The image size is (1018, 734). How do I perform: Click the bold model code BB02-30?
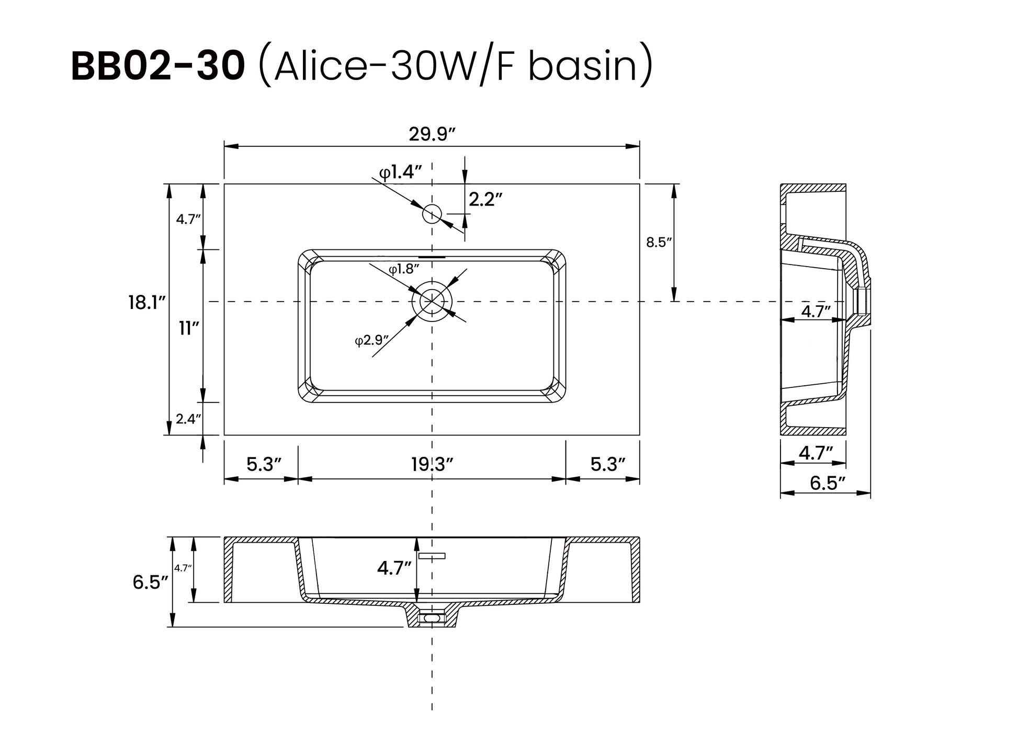click(x=157, y=67)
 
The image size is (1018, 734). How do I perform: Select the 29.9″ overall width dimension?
click(x=432, y=134)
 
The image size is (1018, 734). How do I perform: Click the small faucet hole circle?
click(x=432, y=213)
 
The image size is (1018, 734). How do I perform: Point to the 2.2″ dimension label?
click(x=485, y=199)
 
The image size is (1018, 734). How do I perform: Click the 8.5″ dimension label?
click(x=658, y=242)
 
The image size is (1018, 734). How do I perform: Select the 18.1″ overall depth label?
click(x=147, y=303)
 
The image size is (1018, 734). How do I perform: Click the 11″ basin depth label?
click(x=189, y=329)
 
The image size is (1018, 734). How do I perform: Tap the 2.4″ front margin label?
click(x=188, y=418)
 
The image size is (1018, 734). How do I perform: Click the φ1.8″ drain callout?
click(x=404, y=269)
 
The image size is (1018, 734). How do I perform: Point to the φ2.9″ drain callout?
click(x=371, y=340)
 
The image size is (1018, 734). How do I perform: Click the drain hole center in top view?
click(x=432, y=302)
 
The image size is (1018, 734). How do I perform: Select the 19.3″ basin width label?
click(x=432, y=464)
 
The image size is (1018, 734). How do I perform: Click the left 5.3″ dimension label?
click(x=264, y=464)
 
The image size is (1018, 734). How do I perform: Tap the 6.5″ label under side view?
click(x=828, y=483)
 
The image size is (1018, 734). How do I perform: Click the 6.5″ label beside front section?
click(x=150, y=582)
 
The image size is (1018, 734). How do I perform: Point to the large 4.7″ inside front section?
click(x=394, y=568)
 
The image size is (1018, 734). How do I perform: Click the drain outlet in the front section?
click(x=432, y=618)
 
